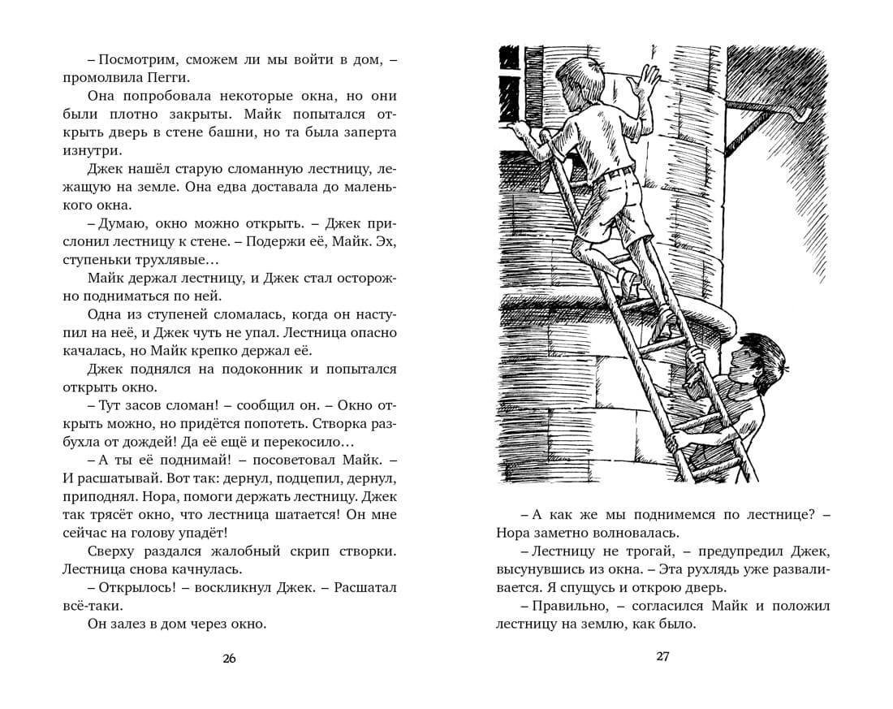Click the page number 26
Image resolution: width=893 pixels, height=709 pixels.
(229, 659)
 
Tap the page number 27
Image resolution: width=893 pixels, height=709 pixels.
(662, 657)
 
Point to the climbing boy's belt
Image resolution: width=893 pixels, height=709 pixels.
(619, 171)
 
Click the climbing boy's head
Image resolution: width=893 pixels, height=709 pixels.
(583, 69)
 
